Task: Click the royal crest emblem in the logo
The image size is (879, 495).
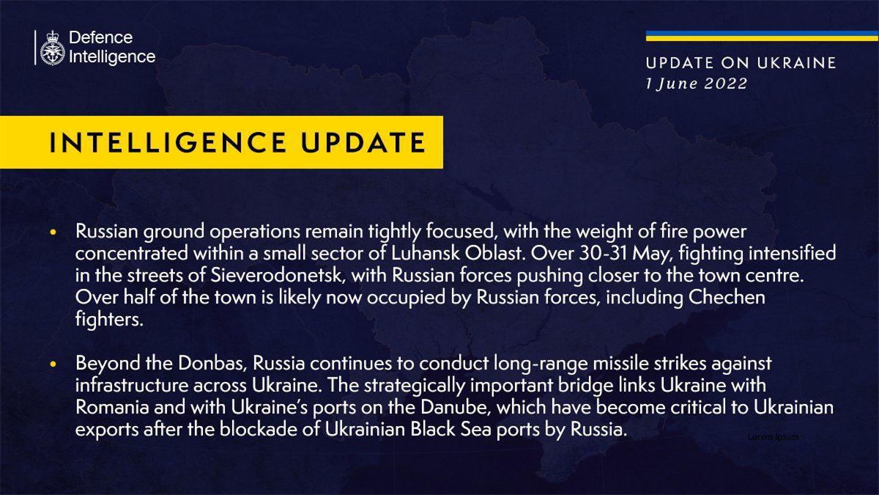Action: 53,48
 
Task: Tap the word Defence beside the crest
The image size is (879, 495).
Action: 101,37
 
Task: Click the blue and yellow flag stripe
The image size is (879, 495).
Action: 762,36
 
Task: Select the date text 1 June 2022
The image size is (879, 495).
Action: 697,84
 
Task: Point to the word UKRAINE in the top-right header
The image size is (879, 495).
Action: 797,63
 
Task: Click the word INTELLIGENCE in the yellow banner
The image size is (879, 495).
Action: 168,142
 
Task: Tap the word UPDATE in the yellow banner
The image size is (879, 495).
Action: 363,142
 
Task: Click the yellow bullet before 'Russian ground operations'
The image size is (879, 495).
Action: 53,232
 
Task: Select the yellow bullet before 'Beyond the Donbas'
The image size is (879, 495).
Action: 53,364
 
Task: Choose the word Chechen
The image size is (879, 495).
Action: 727,298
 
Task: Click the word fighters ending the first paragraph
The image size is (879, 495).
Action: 108,320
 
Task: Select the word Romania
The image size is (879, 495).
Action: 112,408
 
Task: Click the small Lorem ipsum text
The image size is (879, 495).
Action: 773,437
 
